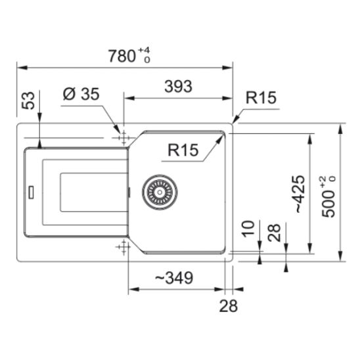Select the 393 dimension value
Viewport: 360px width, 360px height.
[178, 86]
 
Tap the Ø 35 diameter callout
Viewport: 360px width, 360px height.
[81, 94]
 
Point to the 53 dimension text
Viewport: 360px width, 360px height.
[28, 101]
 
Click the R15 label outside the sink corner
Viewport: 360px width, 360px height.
[261, 98]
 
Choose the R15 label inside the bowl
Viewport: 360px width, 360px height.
[183, 150]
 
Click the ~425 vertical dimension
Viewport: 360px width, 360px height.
[300, 194]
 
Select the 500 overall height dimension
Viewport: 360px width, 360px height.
[328, 196]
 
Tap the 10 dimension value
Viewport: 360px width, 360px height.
[248, 229]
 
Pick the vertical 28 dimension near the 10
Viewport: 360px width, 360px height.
[275, 233]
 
